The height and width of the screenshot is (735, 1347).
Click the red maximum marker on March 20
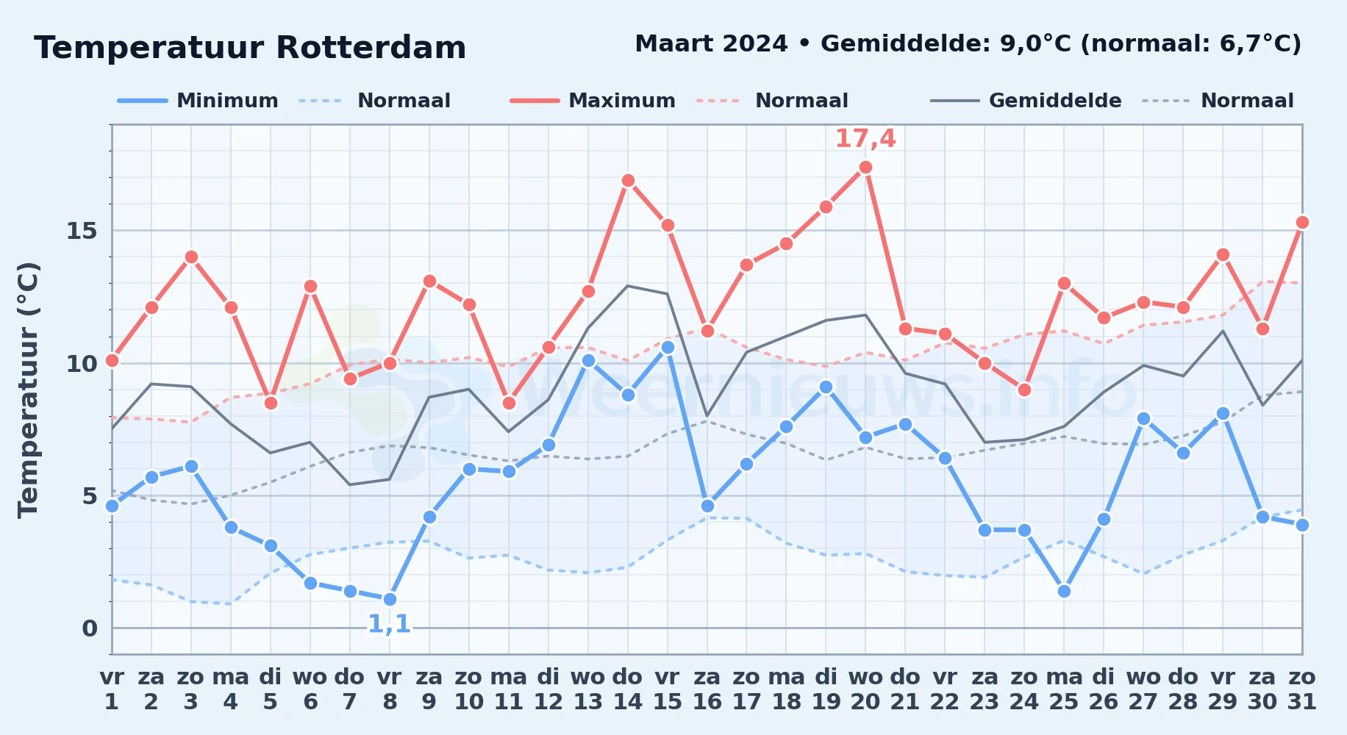(865, 168)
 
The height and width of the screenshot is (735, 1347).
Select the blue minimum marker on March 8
(390, 599)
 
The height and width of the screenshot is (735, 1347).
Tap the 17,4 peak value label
(865, 138)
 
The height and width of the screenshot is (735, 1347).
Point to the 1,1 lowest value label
(390, 624)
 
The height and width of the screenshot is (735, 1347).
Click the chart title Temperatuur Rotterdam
(250, 48)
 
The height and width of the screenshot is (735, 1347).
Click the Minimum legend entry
(198, 101)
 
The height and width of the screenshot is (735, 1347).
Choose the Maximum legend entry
(593, 101)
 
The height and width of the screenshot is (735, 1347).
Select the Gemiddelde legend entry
(1026, 101)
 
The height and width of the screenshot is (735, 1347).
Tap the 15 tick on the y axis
(82, 231)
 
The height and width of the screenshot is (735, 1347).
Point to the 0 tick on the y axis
(90, 628)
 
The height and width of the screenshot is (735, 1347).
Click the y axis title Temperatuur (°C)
(28, 390)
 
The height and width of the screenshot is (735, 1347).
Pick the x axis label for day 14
(628, 689)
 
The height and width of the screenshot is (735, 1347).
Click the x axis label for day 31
(1302, 689)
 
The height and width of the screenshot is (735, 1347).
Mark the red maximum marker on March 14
(628, 181)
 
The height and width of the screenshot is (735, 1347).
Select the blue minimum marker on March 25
(1064, 591)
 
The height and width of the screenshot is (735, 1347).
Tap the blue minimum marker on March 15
(668, 348)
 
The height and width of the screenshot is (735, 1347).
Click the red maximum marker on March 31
(1302, 223)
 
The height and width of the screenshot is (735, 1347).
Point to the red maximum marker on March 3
(191, 257)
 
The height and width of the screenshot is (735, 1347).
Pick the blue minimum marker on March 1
(112, 506)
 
